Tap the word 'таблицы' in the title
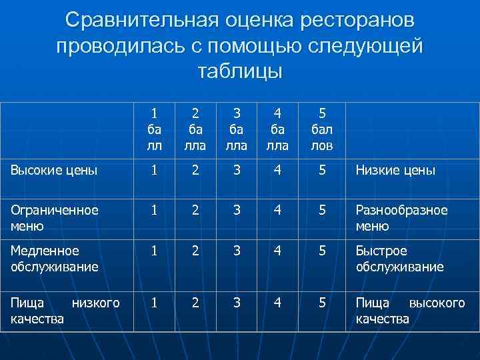tap(240, 71)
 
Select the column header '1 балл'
tap(155, 129)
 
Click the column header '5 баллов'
tap(321, 129)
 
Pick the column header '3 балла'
tap(238, 129)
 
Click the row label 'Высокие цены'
tap(54, 170)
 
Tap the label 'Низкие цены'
tap(395, 171)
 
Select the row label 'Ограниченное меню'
tap(54, 217)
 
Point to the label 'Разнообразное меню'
tap(401, 217)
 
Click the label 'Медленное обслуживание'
tap(54, 259)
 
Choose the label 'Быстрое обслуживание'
tap(399, 259)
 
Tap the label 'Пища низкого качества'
tap(65, 311)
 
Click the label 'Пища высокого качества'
tap(410, 311)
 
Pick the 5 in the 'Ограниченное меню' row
tap(321, 210)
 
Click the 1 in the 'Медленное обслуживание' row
tap(155, 251)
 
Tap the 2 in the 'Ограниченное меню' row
tap(195, 210)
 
